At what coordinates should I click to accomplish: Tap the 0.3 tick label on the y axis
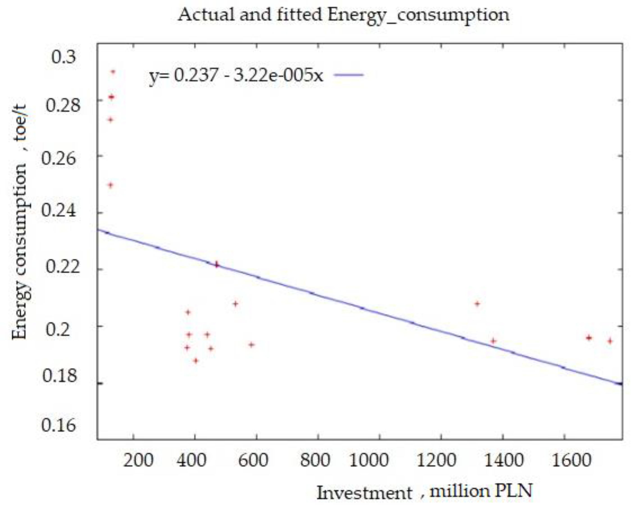click(x=64, y=57)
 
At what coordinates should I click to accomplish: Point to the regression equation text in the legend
click(x=236, y=76)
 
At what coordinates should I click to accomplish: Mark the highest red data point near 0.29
click(x=113, y=72)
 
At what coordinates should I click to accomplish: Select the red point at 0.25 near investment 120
click(x=110, y=185)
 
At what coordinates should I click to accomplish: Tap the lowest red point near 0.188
click(x=196, y=361)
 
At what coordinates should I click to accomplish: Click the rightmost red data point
click(x=610, y=341)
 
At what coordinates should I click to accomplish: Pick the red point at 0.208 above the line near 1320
click(x=477, y=304)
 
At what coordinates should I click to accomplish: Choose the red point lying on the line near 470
click(x=217, y=264)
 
